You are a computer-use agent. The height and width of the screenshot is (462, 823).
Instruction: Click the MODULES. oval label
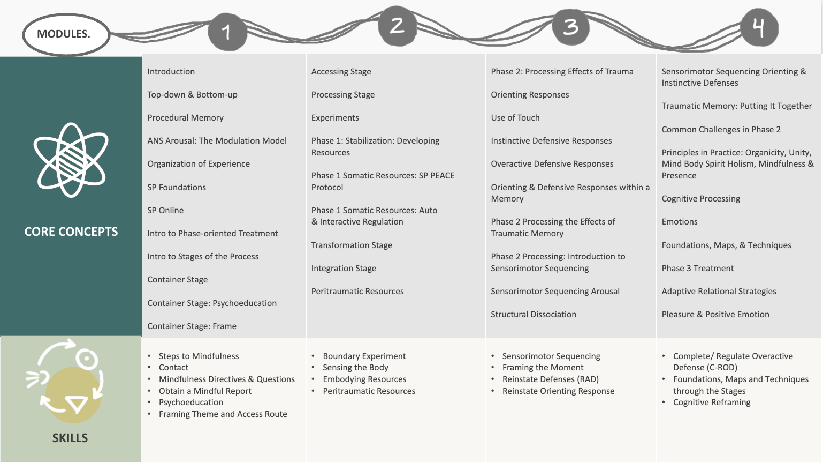point(64,34)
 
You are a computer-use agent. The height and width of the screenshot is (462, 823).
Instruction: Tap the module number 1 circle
point(227,32)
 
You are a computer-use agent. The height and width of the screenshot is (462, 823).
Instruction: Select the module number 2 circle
point(397,26)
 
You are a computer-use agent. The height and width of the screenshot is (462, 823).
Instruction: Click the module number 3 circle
point(570,27)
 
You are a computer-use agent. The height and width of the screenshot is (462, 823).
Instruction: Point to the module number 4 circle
point(759,27)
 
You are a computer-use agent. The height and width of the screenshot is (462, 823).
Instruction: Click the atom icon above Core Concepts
point(71,160)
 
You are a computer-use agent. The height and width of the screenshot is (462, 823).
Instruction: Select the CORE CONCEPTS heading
point(71,232)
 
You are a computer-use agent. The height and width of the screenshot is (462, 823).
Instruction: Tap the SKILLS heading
point(70,438)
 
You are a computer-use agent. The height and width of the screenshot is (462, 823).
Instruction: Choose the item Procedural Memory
point(185,117)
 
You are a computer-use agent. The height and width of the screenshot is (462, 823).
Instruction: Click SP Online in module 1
point(165,210)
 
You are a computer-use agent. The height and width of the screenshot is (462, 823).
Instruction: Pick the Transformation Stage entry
point(352,245)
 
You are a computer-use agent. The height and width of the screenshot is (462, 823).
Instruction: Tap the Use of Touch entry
point(515,117)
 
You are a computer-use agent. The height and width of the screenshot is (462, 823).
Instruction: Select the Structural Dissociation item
point(534,314)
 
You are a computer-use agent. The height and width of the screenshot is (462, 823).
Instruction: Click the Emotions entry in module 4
point(680,221)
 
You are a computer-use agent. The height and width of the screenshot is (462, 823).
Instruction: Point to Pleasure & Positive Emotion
point(715,314)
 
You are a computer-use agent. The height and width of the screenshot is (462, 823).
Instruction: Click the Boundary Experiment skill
point(364,356)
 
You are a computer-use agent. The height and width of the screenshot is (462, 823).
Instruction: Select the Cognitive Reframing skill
point(712,402)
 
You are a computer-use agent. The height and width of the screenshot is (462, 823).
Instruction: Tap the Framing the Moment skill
point(543,367)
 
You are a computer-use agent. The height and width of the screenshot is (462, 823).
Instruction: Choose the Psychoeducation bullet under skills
point(190,402)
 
